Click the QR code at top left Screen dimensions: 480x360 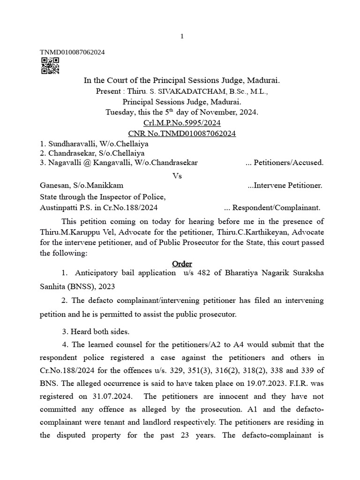coord(50,66)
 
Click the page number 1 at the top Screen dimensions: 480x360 coord(182,37)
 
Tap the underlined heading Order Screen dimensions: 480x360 coord(182,264)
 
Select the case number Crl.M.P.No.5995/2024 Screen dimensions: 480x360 coord(182,123)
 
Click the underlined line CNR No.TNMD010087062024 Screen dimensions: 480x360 coord(182,134)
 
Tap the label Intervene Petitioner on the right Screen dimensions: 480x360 coord(287,186)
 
